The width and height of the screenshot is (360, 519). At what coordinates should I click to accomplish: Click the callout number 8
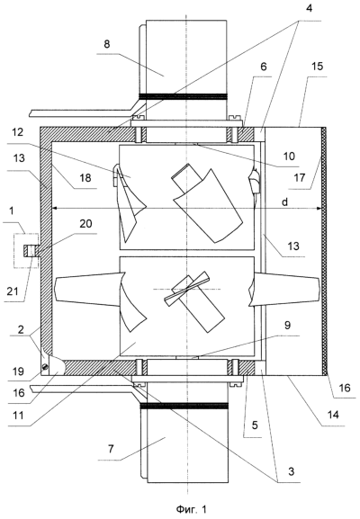click(106, 44)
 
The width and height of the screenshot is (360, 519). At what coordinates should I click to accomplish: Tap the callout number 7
click(111, 449)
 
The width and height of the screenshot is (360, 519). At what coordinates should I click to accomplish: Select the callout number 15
click(317, 66)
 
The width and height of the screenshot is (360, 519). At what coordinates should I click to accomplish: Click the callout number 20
click(85, 223)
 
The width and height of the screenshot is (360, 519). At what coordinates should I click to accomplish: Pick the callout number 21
click(13, 291)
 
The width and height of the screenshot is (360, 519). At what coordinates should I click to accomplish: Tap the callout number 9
click(287, 325)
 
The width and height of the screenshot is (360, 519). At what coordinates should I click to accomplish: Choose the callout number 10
click(289, 156)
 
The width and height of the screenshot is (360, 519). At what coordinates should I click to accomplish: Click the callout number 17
click(300, 178)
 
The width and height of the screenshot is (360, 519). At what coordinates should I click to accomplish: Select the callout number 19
click(18, 371)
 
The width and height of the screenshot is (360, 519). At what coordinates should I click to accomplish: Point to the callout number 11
click(18, 415)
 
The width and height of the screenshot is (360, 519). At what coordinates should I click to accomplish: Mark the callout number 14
click(333, 415)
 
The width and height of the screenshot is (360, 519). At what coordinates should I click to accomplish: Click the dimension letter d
click(284, 201)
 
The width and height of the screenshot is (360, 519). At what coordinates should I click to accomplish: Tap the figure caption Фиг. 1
click(191, 509)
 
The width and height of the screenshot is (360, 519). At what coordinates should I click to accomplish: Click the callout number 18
click(85, 178)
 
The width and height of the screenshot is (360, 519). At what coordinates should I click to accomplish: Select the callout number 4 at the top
click(309, 8)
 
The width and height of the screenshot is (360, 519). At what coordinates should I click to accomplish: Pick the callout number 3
click(291, 471)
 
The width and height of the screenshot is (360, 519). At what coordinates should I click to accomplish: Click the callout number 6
click(264, 67)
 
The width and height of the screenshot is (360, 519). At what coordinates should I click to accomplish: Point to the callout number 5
click(255, 425)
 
